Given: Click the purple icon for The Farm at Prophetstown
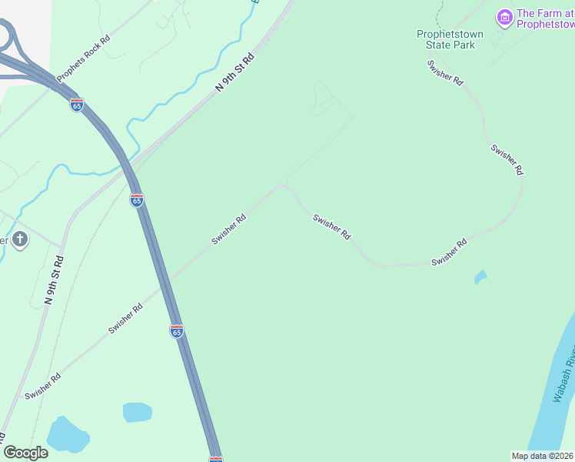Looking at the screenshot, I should tap(504, 17).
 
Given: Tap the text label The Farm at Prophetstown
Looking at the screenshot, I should tap(545, 18).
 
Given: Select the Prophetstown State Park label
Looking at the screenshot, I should tap(450, 39).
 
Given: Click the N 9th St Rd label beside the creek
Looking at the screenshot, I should tap(234, 73).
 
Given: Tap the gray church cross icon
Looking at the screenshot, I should tap(20, 240).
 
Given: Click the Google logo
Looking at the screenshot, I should tap(25, 453).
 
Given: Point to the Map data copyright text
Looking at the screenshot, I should tap(543, 456).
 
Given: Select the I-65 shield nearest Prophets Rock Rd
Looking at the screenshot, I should tap(76, 105).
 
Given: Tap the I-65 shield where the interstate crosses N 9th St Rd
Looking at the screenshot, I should tap(136, 200).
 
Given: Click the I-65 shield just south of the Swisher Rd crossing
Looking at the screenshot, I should tap(176, 331).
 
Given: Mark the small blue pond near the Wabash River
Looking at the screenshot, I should tap(480, 276).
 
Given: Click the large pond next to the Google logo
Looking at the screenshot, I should tap(68, 435).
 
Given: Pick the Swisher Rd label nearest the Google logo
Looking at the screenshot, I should tap(42, 387).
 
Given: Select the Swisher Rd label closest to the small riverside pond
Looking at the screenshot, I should tap(449, 253).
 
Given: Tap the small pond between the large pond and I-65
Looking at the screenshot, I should tap(137, 412).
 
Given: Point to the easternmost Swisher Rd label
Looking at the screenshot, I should tap(507, 159).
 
